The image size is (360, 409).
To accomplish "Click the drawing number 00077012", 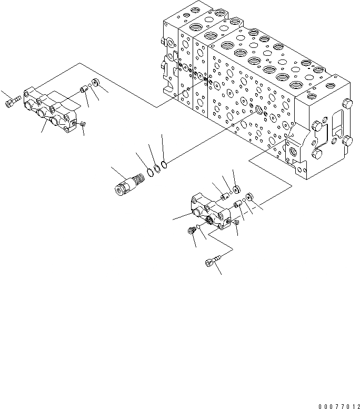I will (x=339, y=406).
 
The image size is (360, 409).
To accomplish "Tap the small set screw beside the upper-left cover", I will (x=83, y=124).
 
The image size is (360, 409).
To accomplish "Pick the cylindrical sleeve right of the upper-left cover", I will (x=84, y=89).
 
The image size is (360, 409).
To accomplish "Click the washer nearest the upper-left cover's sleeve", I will (x=95, y=83).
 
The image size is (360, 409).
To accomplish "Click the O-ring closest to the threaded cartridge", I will (x=150, y=171).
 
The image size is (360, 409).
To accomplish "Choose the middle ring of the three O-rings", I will (x=157, y=168).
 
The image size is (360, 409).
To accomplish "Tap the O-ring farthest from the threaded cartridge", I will (x=164, y=165).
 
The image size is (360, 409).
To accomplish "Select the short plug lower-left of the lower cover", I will (x=192, y=230).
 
